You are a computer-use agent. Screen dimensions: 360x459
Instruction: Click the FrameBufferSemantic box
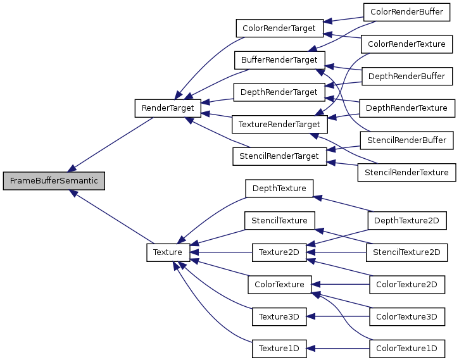click(x=54, y=181)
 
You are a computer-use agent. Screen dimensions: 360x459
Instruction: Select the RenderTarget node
click(x=168, y=108)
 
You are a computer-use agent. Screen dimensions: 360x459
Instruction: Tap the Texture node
click(x=168, y=252)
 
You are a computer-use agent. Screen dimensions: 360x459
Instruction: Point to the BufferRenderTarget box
click(x=279, y=61)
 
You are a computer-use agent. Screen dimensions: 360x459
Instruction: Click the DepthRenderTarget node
click(x=279, y=92)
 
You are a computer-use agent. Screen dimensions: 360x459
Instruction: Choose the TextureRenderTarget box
click(x=279, y=124)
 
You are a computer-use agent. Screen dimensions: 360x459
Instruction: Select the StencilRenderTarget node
click(x=279, y=155)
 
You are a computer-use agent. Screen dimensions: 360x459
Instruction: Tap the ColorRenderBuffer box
click(x=407, y=12)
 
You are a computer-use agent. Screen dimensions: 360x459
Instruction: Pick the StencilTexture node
click(x=279, y=221)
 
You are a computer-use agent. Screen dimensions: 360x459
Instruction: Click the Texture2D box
click(x=279, y=252)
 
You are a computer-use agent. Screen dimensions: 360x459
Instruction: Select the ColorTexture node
click(x=279, y=284)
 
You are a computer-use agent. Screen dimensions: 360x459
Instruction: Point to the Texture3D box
click(x=279, y=316)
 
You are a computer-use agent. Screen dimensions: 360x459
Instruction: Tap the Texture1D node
click(x=279, y=347)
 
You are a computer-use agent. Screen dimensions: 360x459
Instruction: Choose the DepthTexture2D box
click(x=407, y=220)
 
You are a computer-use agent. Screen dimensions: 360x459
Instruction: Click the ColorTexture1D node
click(x=407, y=347)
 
